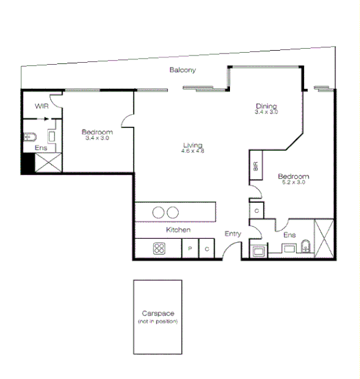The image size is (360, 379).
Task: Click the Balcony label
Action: click(182, 71)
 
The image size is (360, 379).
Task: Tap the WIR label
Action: click(41, 105)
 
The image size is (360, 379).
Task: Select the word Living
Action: click(193, 145)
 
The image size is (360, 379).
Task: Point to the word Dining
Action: click(266, 106)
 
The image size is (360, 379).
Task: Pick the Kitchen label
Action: click(179, 230)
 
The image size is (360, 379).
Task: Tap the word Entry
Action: click(233, 234)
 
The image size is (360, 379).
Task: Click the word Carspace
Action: click(158, 314)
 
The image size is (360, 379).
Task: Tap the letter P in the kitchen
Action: click(190, 250)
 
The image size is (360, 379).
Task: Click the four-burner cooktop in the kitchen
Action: click(159, 249)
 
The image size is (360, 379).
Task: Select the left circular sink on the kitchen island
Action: click(159, 213)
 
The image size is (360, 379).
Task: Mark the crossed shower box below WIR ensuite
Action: click(46, 163)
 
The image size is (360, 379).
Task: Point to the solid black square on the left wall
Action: click(27, 163)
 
